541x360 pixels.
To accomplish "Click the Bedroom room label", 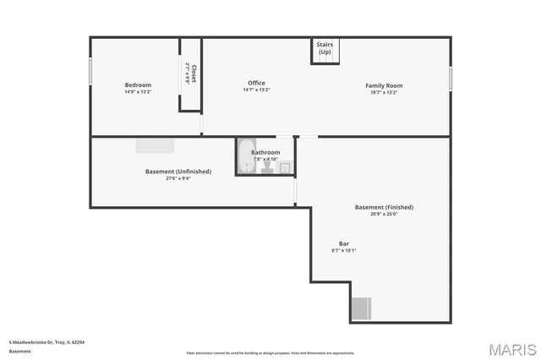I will tap(138, 85).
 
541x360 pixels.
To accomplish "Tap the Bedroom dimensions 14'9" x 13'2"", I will tap(138, 91).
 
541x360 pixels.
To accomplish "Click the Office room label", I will tap(256, 83).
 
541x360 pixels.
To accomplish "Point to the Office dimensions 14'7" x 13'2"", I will tap(256, 90).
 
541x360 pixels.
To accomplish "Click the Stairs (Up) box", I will tap(325, 49).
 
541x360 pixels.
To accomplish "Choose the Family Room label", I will tap(383, 85).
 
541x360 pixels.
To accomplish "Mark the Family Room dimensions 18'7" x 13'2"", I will tap(383, 92).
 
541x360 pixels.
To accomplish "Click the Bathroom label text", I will tap(265, 152).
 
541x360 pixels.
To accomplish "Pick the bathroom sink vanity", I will tap(285, 167).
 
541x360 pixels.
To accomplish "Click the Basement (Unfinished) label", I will tap(178, 172).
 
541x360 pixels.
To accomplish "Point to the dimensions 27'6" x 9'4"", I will tap(178, 178).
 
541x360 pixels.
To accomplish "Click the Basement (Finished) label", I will tap(384, 207).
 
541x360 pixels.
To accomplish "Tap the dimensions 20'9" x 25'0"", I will tap(384, 214).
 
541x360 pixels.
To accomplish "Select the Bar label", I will tap(344, 243).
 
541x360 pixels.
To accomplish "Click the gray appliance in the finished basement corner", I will tap(361, 308).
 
